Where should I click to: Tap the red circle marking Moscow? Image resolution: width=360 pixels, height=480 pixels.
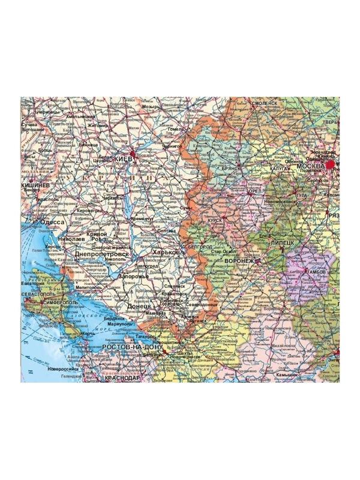tap(331, 164)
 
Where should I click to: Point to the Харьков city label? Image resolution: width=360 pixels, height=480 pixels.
tap(166, 253)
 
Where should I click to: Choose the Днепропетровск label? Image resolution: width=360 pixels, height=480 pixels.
tap(102, 254)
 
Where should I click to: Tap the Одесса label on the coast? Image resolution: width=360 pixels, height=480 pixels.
tap(52, 222)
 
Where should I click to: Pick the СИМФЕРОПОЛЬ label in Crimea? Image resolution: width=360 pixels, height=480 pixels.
tap(60, 304)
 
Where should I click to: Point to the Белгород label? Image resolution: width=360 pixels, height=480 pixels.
tap(200, 247)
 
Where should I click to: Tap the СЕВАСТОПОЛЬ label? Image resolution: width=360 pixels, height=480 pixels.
tap(38, 295)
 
